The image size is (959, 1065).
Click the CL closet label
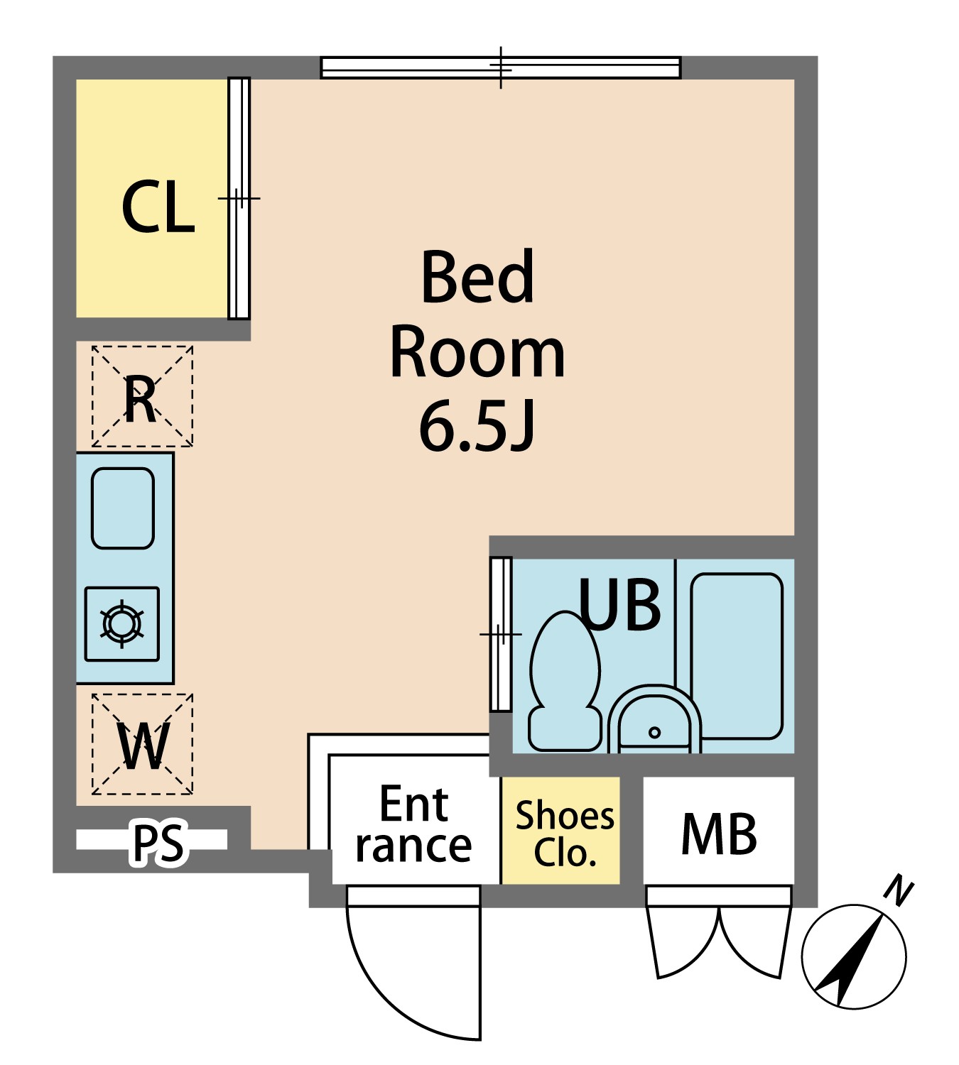158,207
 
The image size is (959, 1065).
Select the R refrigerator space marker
142,396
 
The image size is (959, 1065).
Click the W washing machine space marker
142,744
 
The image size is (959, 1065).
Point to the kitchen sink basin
123,508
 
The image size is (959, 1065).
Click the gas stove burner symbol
122,624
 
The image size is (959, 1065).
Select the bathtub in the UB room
737,656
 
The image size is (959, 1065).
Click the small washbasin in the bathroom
654,720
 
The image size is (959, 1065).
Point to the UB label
619,604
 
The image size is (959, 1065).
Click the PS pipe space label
158,842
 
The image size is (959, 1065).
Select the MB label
719,834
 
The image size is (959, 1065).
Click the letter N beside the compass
899,892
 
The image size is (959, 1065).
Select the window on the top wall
501,68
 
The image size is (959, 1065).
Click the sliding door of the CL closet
239,198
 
